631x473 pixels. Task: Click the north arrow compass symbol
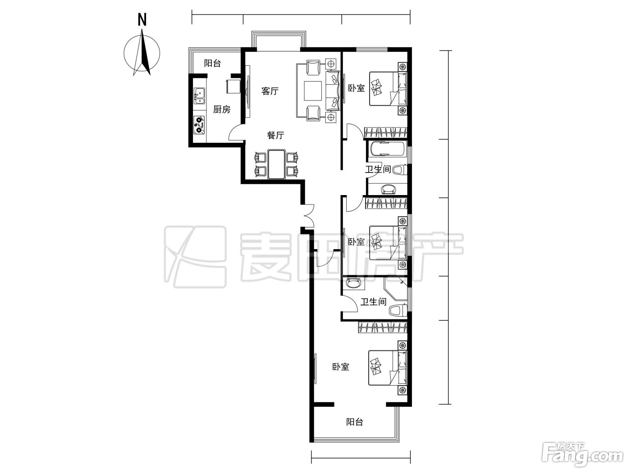142,53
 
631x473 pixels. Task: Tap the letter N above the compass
142,20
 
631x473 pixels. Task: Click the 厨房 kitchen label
222,109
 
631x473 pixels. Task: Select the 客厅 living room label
270,91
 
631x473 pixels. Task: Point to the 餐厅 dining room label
276,135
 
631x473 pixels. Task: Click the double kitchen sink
199,96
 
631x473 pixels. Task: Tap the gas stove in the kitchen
199,125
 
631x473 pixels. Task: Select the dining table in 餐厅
276,164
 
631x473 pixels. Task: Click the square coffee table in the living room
313,91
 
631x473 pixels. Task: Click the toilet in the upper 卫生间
400,170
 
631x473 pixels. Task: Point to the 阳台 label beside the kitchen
212,63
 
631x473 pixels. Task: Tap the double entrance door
307,215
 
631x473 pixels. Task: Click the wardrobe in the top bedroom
386,133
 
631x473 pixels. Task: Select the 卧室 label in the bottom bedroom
341,367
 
